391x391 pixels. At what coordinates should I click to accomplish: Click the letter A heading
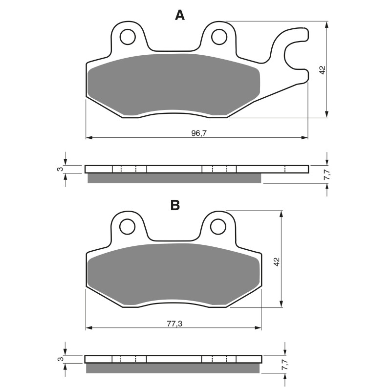[x=180, y=16]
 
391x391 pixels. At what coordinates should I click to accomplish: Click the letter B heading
[x=175, y=205]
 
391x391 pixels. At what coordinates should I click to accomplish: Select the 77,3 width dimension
[x=174, y=323]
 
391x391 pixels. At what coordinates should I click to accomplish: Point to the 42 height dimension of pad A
[x=322, y=69]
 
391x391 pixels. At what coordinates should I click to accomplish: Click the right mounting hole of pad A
[x=219, y=36]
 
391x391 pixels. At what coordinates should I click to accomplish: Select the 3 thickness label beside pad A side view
[x=59, y=169]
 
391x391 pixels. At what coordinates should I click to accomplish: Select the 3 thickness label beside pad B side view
[x=59, y=359]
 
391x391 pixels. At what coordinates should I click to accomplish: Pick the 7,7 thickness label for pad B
[x=281, y=365]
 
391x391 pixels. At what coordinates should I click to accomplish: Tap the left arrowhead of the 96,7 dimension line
[x=88, y=137]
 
